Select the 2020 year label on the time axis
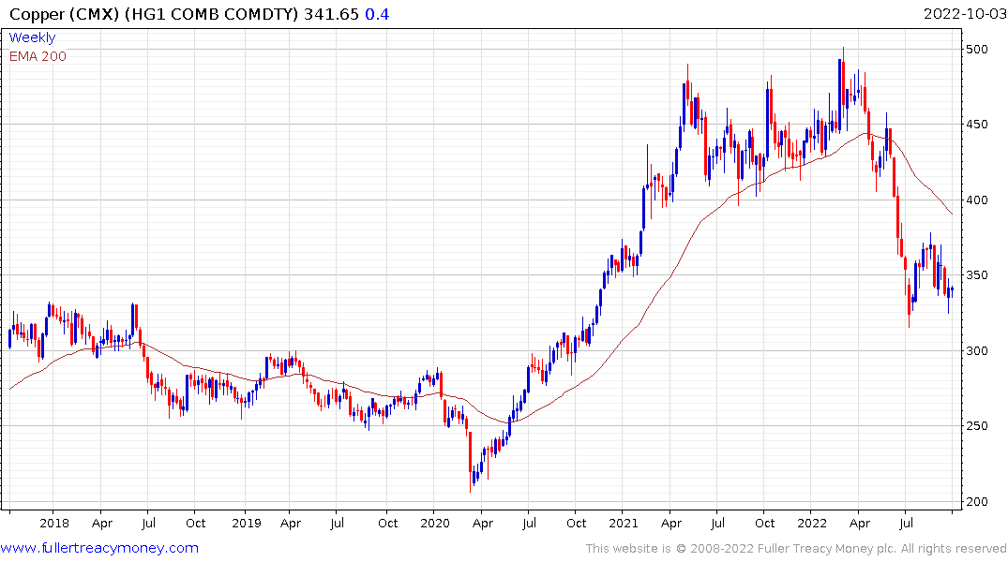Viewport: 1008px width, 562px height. (435, 523)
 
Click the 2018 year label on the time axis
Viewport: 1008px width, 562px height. (54, 523)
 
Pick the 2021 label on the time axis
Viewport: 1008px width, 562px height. (624, 523)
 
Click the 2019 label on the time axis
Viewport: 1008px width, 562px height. (246, 523)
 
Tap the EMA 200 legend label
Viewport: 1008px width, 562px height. (38, 56)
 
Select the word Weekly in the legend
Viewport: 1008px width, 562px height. (32, 38)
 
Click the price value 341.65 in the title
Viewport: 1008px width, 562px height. (331, 14)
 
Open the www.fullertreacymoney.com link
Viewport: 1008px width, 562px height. (99, 548)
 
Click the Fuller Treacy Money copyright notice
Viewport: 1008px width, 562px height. (796, 549)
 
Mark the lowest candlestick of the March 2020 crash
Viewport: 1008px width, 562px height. (471, 483)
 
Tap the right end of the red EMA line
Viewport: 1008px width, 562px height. (953, 214)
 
